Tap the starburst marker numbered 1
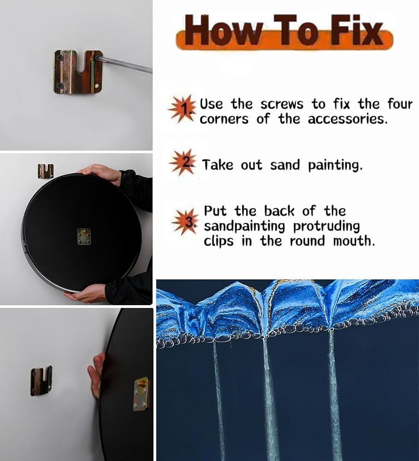coord(183,109)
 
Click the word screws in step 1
coord(282,105)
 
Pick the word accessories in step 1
coord(347,119)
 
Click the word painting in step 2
coord(335,165)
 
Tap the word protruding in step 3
coord(326,227)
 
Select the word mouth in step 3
coord(354,241)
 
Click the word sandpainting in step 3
coord(245,227)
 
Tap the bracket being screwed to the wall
coord(77,72)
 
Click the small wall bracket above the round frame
coord(46,171)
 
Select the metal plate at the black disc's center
coord(84,237)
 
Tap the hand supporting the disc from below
coord(88,295)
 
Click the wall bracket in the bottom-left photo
coord(41,381)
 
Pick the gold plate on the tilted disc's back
coord(141,394)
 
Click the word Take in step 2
coord(218,165)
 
